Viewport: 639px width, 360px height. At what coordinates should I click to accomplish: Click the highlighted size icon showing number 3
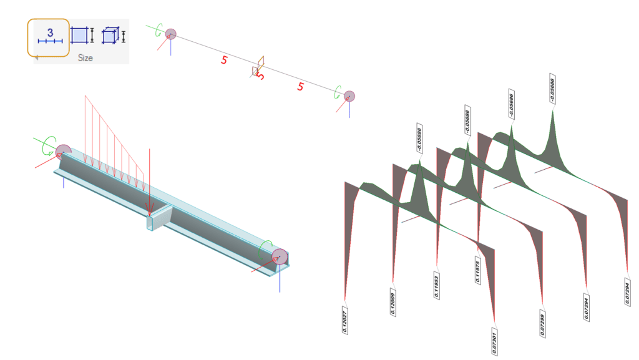coord(48,37)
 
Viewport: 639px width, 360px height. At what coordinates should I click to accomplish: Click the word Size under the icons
coord(85,57)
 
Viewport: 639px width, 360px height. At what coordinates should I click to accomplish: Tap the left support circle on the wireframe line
coord(170,34)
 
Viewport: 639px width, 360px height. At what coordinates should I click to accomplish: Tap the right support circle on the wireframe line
coord(349,96)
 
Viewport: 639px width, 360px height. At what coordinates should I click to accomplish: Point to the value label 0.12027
coord(345,320)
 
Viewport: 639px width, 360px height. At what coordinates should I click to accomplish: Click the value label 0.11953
coord(436,285)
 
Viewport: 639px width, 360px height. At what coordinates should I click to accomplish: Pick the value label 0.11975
coord(478,270)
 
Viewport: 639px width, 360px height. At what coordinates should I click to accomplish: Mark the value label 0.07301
coord(494,341)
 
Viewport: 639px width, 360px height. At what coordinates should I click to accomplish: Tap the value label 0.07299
coord(541,323)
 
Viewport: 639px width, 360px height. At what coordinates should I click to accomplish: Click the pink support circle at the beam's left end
coord(63,152)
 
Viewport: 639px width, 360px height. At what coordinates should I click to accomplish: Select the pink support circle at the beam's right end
coord(279,256)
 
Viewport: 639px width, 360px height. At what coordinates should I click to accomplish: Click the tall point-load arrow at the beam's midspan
coord(149,181)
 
